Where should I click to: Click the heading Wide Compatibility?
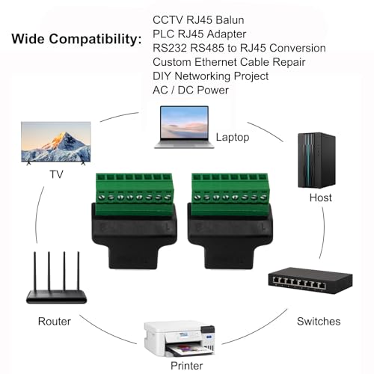pyautogui.click(x=76, y=39)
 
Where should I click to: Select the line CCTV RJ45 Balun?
pyautogui.click(x=198, y=20)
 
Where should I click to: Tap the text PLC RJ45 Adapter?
pyautogui.click(x=199, y=34)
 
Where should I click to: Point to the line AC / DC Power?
pyautogui.click(x=191, y=90)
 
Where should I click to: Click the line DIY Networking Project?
pyautogui.click(x=210, y=76)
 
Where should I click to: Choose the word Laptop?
pyautogui.click(x=233, y=137)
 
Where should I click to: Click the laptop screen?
pyautogui.click(x=184, y=123)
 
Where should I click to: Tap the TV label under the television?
pyautogui.click(x=56, y=174)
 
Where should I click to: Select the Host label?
pyautogui.click(x=320, y=197)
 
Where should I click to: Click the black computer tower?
pyautogui.click(x=316, y=160)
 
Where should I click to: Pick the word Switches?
pyautogui.click(x=319, y=322)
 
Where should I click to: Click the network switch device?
pyautogui.click(x=310, y=280)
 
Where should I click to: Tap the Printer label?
pyautogui.click(x=186, y=366)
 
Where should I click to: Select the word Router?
pyautogui.click(x=55, y=322)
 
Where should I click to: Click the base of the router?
pyautogui.click(x=56, y=297)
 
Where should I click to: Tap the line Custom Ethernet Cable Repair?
pyautogui.click(x=229, y=62)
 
